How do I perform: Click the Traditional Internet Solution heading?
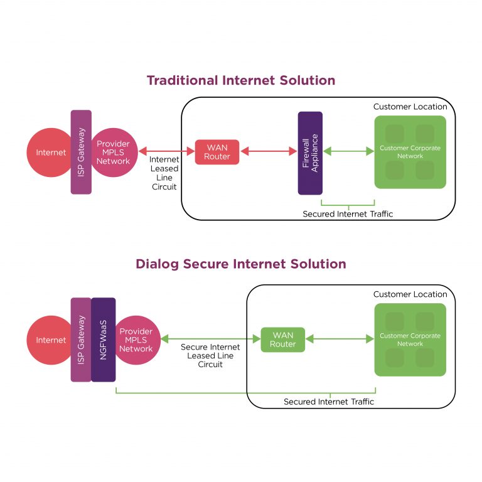coord(240,80)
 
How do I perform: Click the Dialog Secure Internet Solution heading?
coord(240,264)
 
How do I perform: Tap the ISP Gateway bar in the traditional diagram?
coord(81,152)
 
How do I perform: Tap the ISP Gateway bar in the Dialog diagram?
coord(81,340)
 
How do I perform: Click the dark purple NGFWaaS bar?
coord(104,340)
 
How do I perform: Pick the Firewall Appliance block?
coord(310,153)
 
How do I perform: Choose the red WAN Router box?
coord(217,152)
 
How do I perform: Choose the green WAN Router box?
coord(282,340)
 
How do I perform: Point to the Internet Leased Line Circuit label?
coord(164,173)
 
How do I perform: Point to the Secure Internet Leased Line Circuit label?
coord(210,355)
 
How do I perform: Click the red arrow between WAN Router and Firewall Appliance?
coord(268,151)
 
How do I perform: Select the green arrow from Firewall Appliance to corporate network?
coord(348,151)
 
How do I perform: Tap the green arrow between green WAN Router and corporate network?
coord(339,339)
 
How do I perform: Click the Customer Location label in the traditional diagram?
coord(410,107)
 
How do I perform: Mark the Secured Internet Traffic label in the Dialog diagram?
coord(328,402)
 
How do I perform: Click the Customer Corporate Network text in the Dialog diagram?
coord(410,340)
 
